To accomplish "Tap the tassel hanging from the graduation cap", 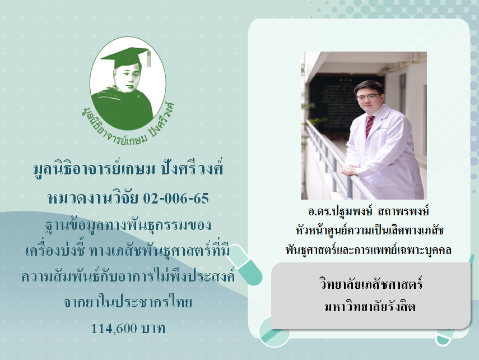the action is coord(148,58).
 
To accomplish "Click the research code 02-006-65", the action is coord(176,199).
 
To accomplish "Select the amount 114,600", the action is coord(114,329).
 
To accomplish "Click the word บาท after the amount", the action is coord(154,329).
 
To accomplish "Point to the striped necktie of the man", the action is coord(369,126).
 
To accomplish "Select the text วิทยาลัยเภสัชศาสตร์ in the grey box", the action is coord(371,284).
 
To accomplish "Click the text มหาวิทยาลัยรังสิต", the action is coord(370,306).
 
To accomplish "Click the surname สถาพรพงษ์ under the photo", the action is coord(403,211).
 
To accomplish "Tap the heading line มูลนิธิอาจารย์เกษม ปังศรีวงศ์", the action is coord(128,169).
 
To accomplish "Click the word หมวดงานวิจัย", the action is coord(93,199).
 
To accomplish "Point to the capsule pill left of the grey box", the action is coord(244,265).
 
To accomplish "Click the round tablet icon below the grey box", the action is coord(274,332).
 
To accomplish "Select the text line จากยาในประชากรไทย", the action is coord(128,302).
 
